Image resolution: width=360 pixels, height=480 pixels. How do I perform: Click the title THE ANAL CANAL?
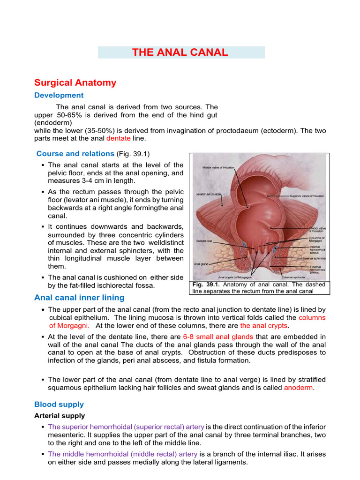(x=180, y=52)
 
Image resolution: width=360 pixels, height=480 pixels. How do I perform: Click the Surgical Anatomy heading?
(x=75, y=83)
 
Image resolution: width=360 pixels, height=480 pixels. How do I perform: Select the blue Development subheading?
(x=59, y=95)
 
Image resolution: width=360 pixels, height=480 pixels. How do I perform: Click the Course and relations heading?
(x=75, y=154)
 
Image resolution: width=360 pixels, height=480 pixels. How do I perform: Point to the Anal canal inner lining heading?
(x=79, y=298)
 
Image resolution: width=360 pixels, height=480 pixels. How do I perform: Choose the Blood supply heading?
(x=59, y=404)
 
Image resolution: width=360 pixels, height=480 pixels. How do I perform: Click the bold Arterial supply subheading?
(x=60, y=415)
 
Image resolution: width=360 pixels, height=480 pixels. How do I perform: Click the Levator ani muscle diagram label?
(x=208, y=193)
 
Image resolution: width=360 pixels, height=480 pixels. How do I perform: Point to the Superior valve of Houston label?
(x=307, y=195)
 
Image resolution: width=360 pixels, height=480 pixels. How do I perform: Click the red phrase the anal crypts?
(x=264, y=325)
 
